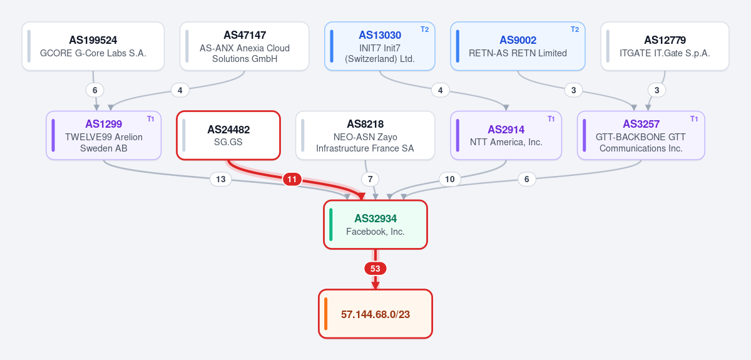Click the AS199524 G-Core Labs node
point(93,46)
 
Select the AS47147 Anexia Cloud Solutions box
point(245,46)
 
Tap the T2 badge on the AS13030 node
point(424,29)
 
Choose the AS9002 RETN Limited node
point(518,46)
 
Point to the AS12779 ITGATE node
point(665,46)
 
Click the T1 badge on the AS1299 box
point(151,119)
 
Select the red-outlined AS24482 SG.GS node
point(228,135)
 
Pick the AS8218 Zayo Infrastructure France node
point(365,135)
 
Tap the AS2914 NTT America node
point(506,135)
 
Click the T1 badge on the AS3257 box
point(694,119)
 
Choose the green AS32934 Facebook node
point(375,225)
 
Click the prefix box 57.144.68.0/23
point(375,314)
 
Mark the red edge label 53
point(375,269)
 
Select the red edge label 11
point(292,179)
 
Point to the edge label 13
point(220,179)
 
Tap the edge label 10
point(449,179)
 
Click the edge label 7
point(370,179)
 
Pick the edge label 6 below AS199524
point(95,90)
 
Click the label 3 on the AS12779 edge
point(656,90)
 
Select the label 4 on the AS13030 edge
point(440,90)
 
